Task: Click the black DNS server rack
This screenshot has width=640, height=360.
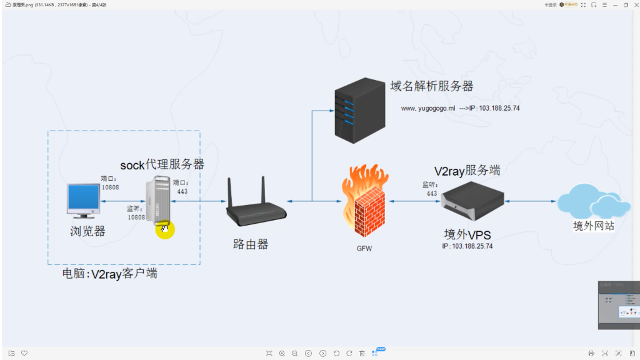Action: pos(359,111)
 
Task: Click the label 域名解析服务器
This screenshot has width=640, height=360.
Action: pos(431,86)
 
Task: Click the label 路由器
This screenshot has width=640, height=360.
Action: pos(251,244)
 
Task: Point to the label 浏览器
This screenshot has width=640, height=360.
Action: pos(87,231)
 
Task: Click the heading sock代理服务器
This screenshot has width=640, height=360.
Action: pos(162,164)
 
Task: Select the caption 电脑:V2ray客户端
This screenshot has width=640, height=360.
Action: pos(109,274)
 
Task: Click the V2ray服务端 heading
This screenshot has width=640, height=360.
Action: pos(467,171)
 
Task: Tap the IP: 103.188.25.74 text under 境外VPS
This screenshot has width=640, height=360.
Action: pos(467,246)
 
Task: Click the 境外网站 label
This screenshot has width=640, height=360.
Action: pos(594,226)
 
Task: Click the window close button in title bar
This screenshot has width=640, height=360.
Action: pos(634,4)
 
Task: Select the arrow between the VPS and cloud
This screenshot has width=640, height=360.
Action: pos(531,201)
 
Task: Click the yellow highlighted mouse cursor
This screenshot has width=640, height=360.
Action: pos(164,229)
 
